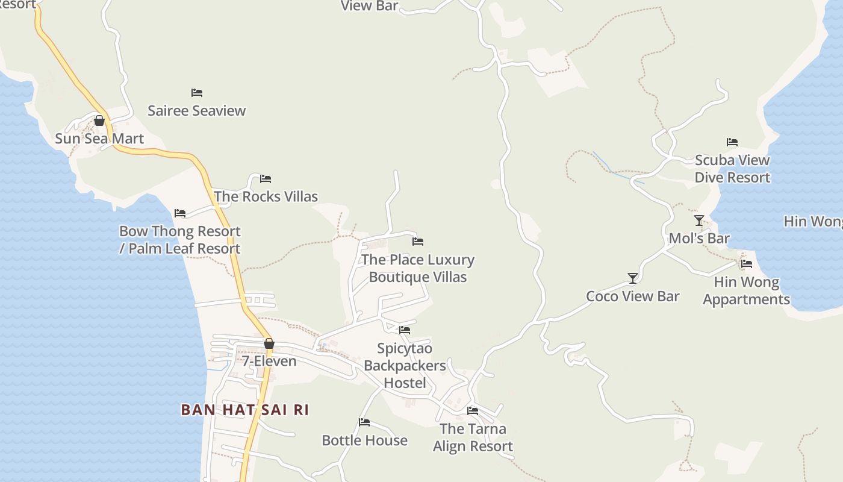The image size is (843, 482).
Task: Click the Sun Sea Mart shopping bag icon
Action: [x=99, y=120]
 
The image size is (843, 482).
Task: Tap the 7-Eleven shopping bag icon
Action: [x=269, y=343]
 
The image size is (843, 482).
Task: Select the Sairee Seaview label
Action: [x=197, y=111]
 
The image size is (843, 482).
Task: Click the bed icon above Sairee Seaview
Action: [x=197, y=93]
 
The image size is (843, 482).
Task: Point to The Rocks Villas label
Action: [x=266, y=196]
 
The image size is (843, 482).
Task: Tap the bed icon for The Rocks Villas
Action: [x=266, y=179]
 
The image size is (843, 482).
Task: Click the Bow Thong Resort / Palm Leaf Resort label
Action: [x=179, y=240]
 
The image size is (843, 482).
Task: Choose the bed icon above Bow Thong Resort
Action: [x=180, y=213]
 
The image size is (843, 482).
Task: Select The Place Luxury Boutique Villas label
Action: [x=418, y=268]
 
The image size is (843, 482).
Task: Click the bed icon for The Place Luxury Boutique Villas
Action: [x=418, y=242]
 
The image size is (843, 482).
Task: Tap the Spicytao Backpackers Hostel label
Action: [x=405, y=366]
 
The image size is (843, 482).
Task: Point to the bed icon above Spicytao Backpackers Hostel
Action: [x=405, y=330]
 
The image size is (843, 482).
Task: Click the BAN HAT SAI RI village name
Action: [x=244, y=410]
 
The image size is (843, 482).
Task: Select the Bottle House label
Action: [x=364, y=440]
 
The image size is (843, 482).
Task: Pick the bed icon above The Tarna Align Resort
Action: [x=473, y=411]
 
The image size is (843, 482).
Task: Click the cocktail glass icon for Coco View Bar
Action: [x=633, y=278]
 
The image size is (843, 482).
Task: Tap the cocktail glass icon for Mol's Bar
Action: [x=699, y=221]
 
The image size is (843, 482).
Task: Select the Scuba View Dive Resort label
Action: [x=732, y=169]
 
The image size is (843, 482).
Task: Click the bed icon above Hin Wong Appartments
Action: [x=747, y=264]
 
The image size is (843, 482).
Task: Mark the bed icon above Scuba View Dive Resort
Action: [x=732, y=142]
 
